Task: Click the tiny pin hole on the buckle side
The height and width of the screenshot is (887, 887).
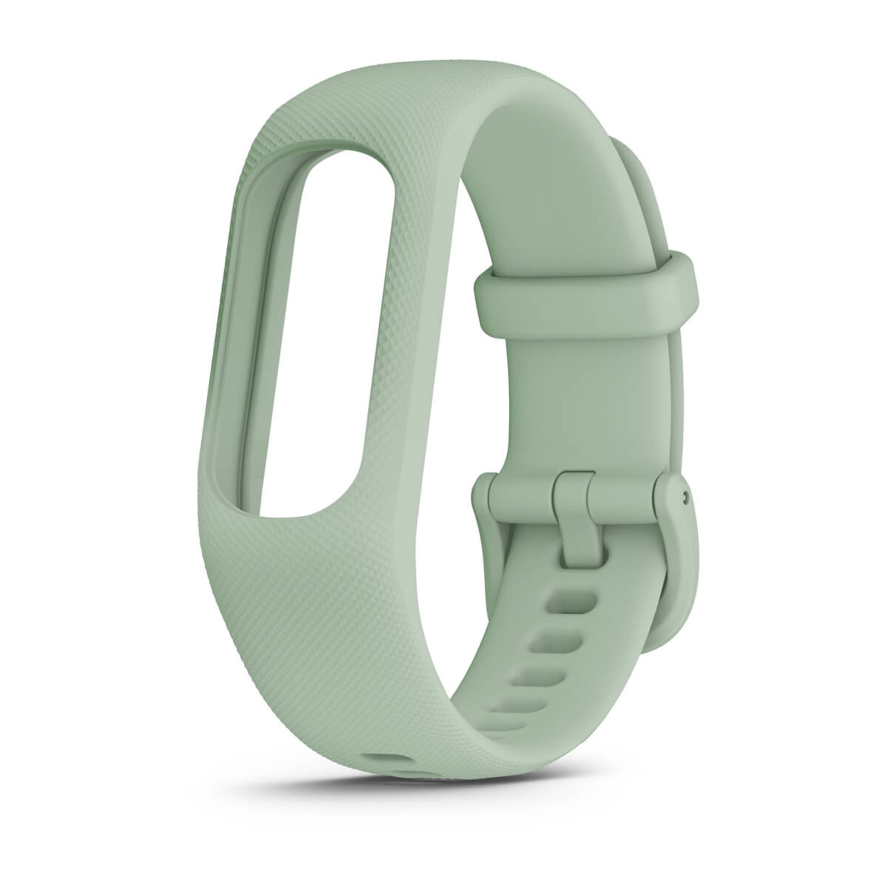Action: (x=685, y=495)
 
